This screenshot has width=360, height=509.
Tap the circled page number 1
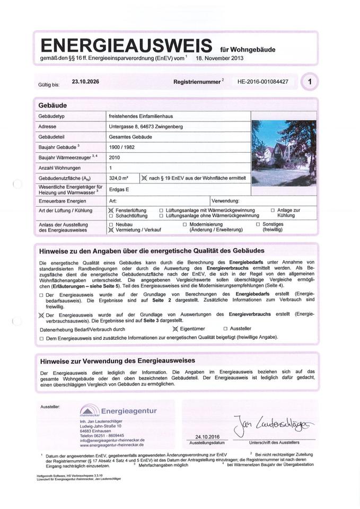[x=310, y=82]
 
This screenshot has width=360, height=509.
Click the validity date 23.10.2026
[x=85, y=82]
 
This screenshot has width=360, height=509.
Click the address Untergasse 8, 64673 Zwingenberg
[x=146, y=127]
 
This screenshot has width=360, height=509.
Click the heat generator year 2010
[x=114, y=157]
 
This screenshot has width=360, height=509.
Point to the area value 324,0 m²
[x=119, y=178]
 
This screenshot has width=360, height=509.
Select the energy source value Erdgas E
[x=119, y=189]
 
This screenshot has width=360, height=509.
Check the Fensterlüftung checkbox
[x=111, y=210]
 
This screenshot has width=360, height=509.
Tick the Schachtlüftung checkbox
[x=111, y=216]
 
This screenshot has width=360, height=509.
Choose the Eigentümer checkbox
[x=175, y=329]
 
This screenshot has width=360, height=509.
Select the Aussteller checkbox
[x=225, y=329]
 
